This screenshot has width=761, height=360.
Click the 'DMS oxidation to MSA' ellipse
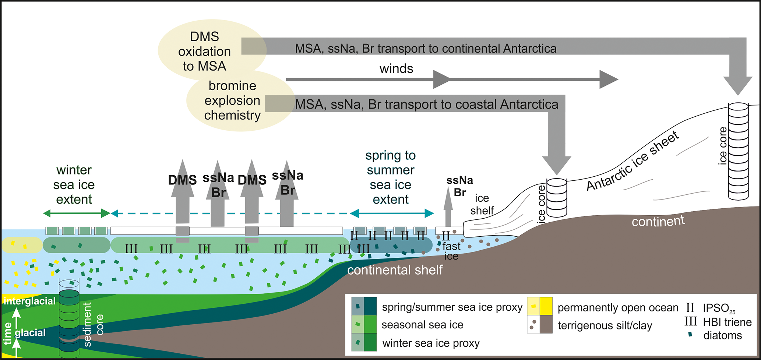click(205, 51)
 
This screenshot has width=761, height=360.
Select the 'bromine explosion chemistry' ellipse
click(233, 100)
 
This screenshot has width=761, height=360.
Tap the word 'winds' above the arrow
click(396, 68)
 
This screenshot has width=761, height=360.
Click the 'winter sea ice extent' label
click(74, 184)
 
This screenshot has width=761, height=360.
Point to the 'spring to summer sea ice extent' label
click(391, 177)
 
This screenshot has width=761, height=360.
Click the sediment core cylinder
click(69, 318)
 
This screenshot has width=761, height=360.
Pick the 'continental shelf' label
click(395, 270)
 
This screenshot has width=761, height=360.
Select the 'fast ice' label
click(451, 251)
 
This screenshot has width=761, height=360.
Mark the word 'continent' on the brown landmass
click(658, 221)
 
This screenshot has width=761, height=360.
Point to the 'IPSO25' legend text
click(719, 308)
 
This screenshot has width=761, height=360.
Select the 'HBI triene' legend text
click(727, 322)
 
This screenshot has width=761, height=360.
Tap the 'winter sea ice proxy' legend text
click(431, 343)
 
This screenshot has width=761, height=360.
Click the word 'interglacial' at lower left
click(29, 301)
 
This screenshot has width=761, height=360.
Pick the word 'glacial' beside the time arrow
click(30, 332)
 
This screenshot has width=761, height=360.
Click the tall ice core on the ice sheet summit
click(738, 151)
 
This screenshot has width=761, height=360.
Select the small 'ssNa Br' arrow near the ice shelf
click(448, 208)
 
